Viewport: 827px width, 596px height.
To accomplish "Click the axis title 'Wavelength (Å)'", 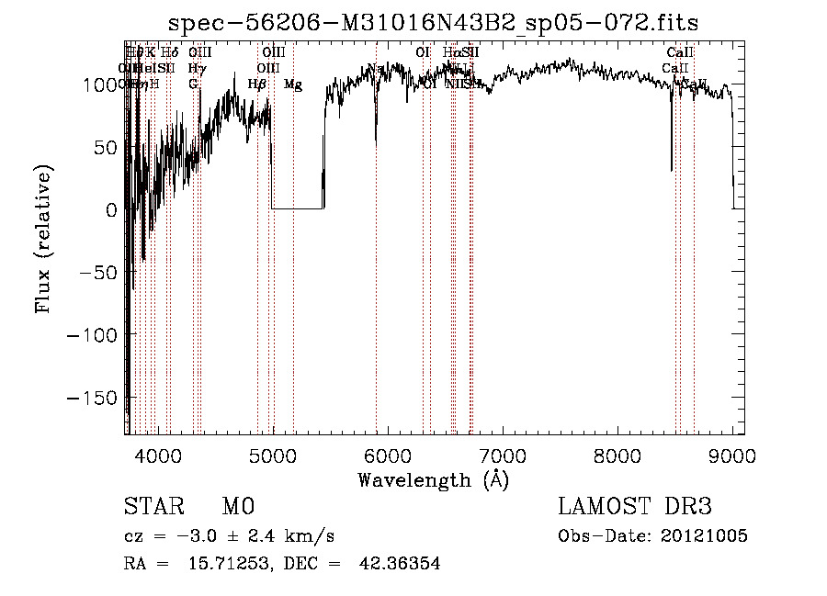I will [x=433, y=479].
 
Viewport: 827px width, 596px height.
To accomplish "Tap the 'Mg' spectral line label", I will [x=293, y=84].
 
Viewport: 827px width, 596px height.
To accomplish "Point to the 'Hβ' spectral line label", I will [x=257, y=84].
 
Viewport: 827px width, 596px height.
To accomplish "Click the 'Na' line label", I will [x=375, y=69].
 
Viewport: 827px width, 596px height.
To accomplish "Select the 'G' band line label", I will [x=193, y=84].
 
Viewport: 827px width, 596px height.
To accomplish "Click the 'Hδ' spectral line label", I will [x=170, y=53].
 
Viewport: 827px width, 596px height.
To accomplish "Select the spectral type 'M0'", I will [x=238, y=507].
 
